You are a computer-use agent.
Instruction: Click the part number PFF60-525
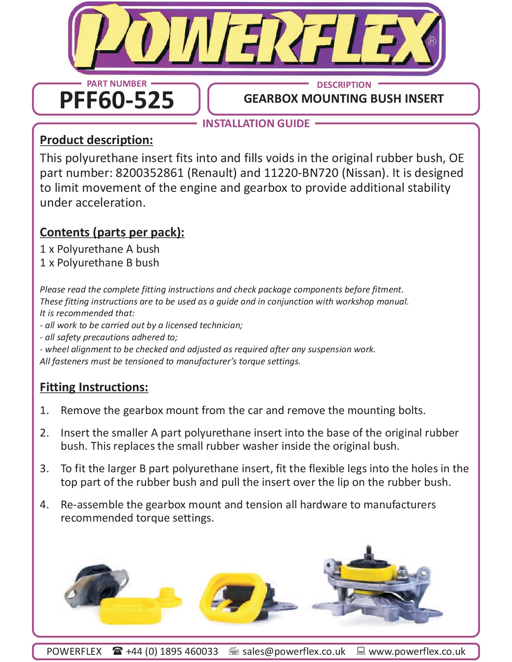[x=116, y=100]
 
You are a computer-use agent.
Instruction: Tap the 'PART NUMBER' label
[x=116, y=84]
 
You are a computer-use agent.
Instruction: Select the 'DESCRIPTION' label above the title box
[x=344, y=85]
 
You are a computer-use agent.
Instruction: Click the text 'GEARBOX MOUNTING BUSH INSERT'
[x=343, y=99]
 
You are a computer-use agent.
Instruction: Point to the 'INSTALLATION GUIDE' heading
[x=256, y=124]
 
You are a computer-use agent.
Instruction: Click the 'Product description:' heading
[x=96, y=140]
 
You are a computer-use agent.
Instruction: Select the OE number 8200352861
[x=149, y=173]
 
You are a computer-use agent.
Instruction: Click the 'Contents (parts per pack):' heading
[x=112, y=232]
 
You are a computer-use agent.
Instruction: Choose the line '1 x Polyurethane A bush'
[x=100, y=249]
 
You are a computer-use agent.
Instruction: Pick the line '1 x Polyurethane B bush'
[x=100, y=263]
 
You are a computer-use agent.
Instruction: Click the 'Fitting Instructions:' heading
[x=94, y=387]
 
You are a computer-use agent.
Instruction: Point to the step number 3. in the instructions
[x=44, y=469]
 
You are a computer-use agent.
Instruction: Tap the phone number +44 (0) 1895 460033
[x=172, y=651]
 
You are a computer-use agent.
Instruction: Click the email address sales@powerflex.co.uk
[x=294, y=651]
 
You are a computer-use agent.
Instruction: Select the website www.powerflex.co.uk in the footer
[x=417, y=651]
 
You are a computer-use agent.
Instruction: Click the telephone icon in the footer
[x=117, y=651]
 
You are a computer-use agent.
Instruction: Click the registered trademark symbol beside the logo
[x=432, y=41]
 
